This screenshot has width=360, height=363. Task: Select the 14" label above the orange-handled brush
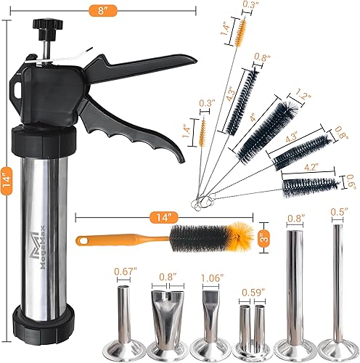click(x=165, y=216)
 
